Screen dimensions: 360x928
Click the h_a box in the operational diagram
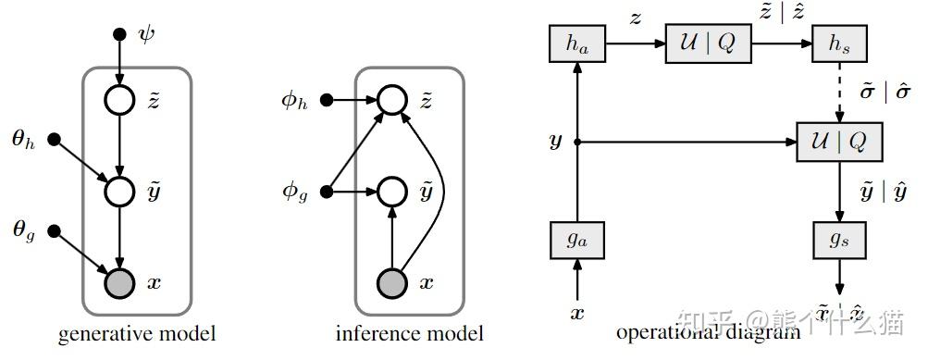pos(576,44)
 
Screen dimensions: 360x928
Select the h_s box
pos(839,44)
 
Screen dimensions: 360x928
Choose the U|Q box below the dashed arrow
pos(839,142)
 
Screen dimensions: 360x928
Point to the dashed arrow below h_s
pos(839,93)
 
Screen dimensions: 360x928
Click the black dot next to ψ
pos(118,34)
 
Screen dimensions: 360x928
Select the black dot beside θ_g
pos(54,230)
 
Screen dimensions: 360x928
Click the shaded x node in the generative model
pos(119,282)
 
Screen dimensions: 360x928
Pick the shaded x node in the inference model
pos(393,282)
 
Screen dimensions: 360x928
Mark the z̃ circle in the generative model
pos(119,100)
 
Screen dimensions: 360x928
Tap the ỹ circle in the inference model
pos(393,192)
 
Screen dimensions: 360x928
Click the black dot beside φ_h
pos(327,100)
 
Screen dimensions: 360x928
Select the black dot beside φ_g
pos(327,192)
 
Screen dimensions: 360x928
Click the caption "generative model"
pos(136,334)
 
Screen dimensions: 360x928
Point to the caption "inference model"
pos(409,334)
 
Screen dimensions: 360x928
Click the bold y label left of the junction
pos(555,142)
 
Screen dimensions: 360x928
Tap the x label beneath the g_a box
pos(577,313)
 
